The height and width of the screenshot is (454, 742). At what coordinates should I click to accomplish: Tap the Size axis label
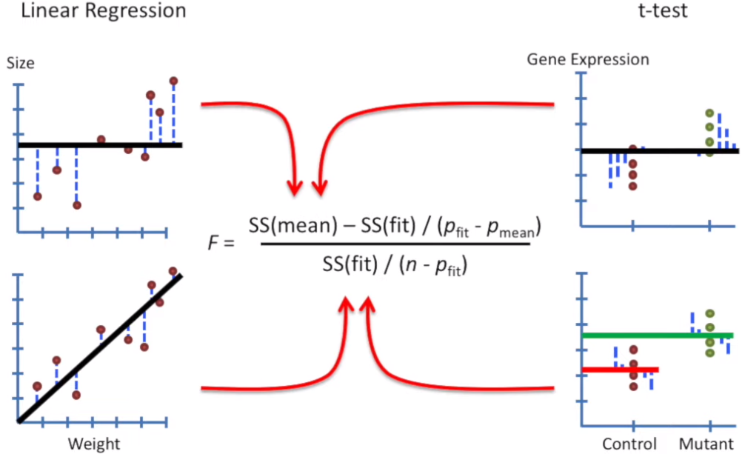point(20,64)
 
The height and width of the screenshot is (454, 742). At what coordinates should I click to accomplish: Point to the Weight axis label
point(94,444)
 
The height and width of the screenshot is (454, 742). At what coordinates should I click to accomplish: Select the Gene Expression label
point(587,59)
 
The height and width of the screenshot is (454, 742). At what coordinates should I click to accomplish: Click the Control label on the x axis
point(629,444)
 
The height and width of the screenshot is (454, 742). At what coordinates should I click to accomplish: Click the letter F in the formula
point(213,241)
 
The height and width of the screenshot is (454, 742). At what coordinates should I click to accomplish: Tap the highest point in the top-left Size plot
point(173,80)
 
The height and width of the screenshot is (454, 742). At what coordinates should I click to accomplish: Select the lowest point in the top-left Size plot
point(76,204)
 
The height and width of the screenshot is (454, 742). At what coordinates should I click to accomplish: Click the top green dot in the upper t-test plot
point(709,113)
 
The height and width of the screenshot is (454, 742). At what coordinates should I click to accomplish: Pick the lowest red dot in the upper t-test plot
point(632,186)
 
